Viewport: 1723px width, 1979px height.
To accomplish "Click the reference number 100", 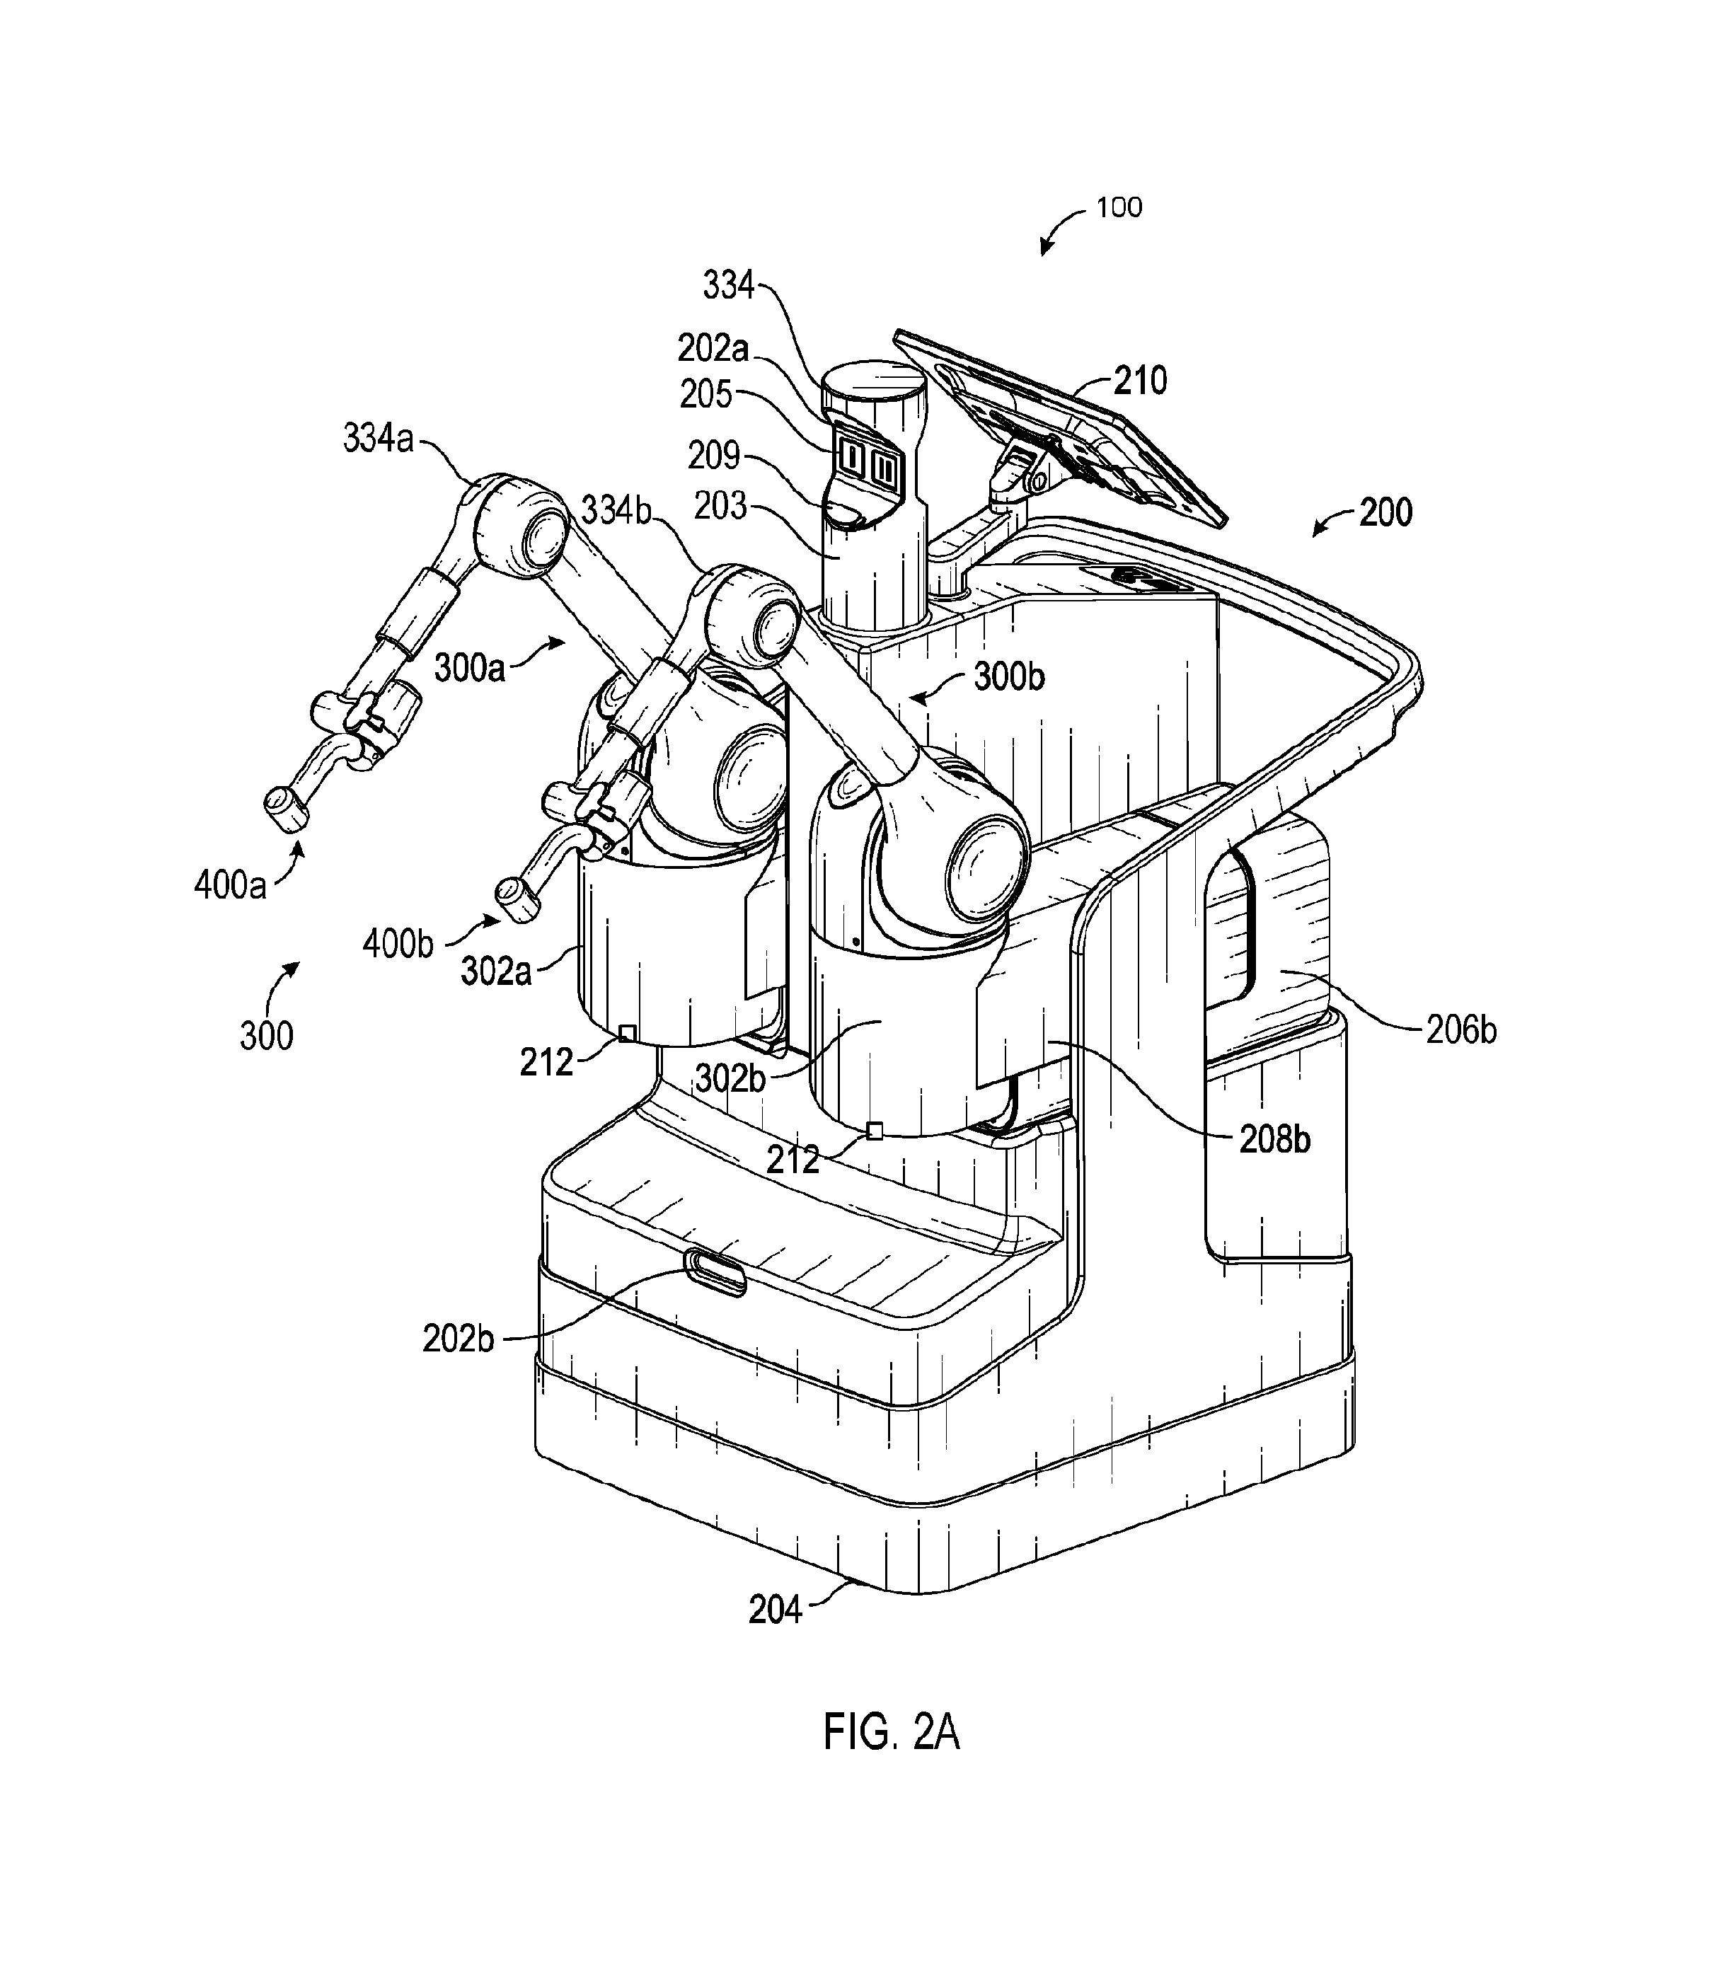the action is click(x=1119, y=208).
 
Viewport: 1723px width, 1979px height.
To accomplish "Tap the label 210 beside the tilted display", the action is click(x=1141, y=381).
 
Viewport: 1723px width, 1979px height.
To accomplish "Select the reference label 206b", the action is click(x=1460, y=1030).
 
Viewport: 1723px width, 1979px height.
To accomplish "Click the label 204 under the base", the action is click(x=775, y=1609).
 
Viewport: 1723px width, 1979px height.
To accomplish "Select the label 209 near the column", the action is click(x=713, y=455).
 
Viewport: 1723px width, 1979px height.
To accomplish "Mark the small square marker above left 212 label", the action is click(x=626, y=1033).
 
